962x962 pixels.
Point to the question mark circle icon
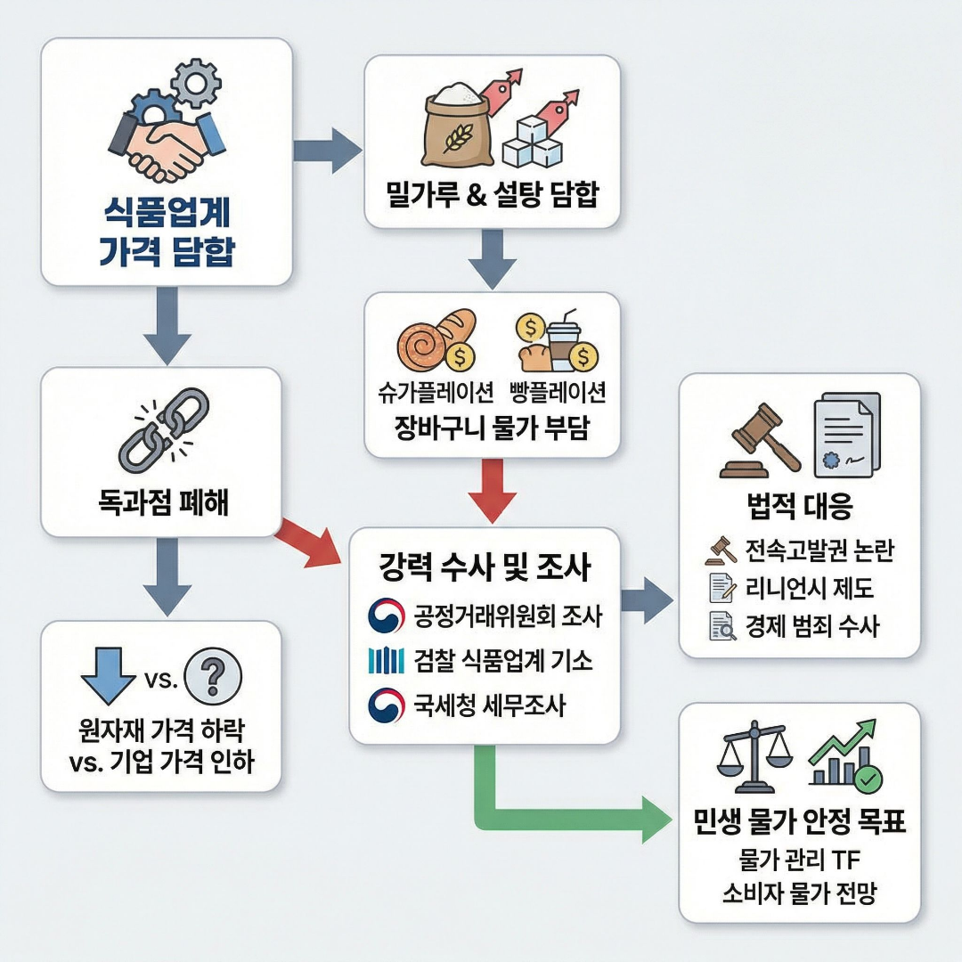[211, 678]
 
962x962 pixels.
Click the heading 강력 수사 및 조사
[485, 567]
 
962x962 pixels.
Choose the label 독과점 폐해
[163, 503]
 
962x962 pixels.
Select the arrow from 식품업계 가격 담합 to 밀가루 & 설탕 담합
[327, 150]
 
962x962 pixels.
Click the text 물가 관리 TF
[798, 860]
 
